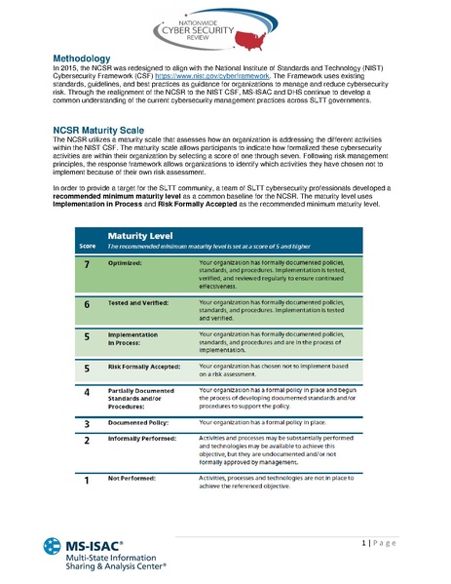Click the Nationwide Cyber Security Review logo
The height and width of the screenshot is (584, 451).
click(225, 25)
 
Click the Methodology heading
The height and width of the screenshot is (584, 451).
click(89, 59)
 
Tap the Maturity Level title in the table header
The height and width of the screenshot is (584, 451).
click(140, 236)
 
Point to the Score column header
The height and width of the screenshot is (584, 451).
click(88, 246)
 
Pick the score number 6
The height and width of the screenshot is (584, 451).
click(87, 304)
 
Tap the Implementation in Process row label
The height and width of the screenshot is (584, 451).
click(132, 339)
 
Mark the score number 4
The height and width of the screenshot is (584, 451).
click(87, 392)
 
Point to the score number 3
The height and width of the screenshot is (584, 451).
click(87, 424)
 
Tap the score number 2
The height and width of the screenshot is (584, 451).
click(87, 441)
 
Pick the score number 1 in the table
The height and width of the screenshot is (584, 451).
click(87, 480)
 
